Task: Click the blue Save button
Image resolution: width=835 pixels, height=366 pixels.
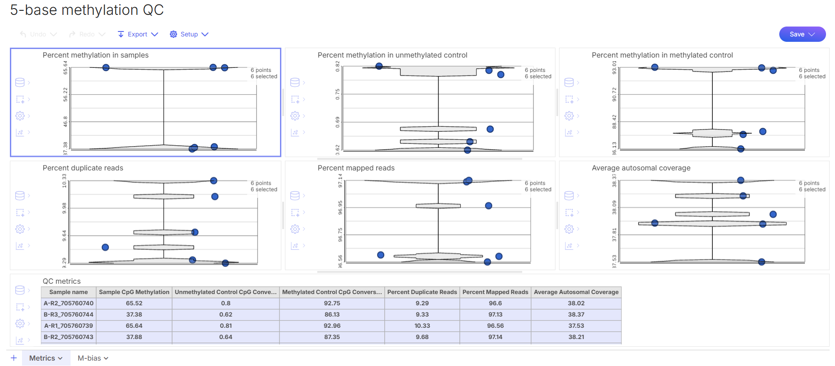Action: pos(802,34)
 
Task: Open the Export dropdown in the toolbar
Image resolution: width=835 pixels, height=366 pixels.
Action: pos(138,34)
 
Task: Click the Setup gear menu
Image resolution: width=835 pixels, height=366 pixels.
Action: pos(189,34)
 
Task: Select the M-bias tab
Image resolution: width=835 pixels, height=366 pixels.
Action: pos(93,358)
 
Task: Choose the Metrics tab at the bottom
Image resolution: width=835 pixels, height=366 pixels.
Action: pos(45,358)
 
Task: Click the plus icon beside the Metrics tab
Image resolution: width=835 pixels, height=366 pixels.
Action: pos(14,358)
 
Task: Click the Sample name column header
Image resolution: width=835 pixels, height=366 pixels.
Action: pos(68,292)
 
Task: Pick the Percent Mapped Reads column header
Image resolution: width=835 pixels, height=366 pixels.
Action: pos(495,292)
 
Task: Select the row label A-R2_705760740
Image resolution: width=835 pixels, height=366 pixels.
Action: pos(68,304)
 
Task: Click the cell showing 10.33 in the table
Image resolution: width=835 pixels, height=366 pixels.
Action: pos(422,326)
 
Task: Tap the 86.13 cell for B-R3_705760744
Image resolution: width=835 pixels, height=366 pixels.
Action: pos(332,315)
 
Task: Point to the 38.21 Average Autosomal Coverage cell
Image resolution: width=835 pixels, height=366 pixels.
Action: pos(576,337)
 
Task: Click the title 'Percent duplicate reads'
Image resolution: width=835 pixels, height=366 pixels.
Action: pos(83,168)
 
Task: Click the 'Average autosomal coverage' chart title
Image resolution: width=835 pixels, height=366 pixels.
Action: pos(641,168)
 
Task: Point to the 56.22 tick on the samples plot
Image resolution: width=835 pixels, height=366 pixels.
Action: pos(66,94)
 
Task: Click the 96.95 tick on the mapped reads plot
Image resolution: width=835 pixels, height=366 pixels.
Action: pos(340,207)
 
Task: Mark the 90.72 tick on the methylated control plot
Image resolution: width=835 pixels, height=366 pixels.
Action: pos(614,94)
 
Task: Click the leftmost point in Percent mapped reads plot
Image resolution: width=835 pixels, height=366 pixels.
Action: pos(381,255)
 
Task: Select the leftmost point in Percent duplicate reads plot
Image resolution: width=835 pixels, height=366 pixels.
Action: pos(105,247)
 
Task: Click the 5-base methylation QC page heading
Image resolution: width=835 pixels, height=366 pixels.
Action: pos(87,10)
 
